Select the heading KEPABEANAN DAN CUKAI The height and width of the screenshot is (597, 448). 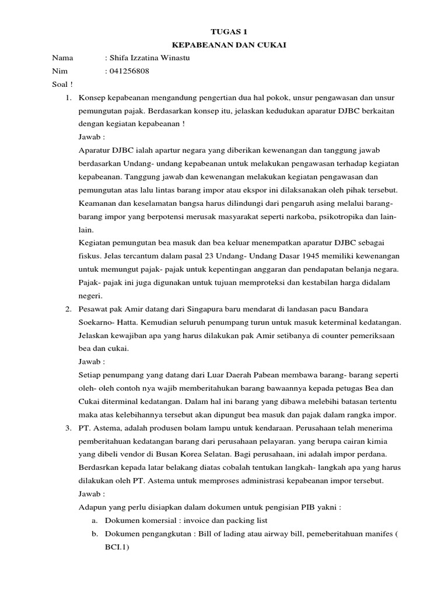224,44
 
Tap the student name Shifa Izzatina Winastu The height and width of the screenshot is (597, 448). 149,58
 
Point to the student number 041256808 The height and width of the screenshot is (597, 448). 127,71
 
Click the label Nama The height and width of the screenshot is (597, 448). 62,58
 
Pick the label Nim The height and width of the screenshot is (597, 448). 60,71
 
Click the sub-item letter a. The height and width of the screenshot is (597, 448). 94,521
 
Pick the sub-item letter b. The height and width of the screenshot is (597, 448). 94,534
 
